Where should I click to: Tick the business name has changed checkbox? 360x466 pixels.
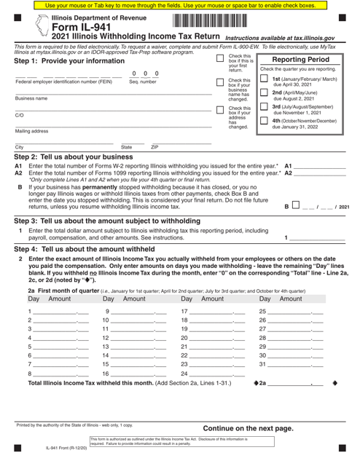point(221,82)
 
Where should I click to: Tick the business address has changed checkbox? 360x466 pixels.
point(221,110)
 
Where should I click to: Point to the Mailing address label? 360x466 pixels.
point(30,131)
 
